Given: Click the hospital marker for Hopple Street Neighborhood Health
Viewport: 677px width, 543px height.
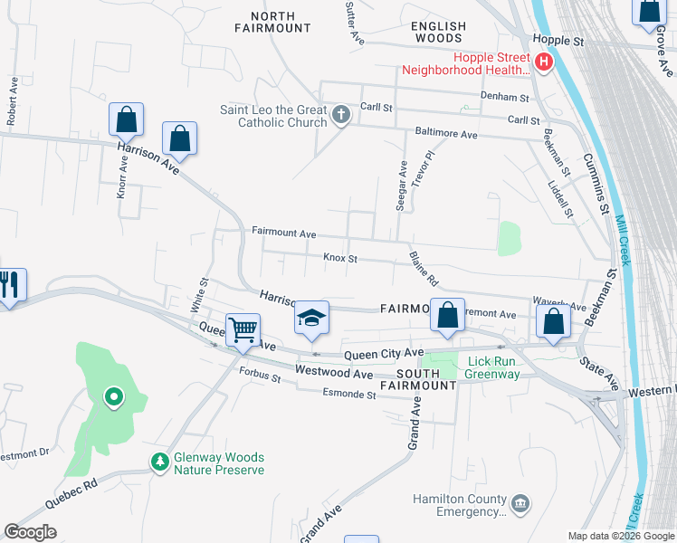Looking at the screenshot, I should coord(544,62).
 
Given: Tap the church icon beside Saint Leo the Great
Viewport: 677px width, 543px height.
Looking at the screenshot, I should coord(340,114).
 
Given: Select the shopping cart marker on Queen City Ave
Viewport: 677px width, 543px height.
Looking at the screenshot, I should coord(243,330).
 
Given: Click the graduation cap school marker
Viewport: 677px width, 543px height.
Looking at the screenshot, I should coord(311,318).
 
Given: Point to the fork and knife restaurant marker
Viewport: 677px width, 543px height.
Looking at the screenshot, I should coord(10,284).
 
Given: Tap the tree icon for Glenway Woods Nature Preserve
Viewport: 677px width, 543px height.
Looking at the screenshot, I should coord(160,462).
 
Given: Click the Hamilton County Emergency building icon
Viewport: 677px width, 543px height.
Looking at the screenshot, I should coord(520,502).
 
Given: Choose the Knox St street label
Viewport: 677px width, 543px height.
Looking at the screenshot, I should coord(340,259).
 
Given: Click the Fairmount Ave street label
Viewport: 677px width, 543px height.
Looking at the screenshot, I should coord(283,232).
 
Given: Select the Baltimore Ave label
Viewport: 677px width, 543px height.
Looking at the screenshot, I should coord(445,135).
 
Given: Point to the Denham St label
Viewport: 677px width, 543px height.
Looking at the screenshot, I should coord(510,97).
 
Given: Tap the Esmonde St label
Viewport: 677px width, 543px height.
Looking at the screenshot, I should coord(349,394).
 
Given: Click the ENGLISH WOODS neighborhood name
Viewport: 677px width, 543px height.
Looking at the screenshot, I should coord(439,33).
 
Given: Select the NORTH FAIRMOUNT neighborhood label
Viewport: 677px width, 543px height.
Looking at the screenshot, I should coord(273,23).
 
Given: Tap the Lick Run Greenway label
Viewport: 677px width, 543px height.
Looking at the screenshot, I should coord(493,367).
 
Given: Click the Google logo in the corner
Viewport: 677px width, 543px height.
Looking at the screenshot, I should coord(30,532).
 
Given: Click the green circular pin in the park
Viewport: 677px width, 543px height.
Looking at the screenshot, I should coord(113,396).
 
